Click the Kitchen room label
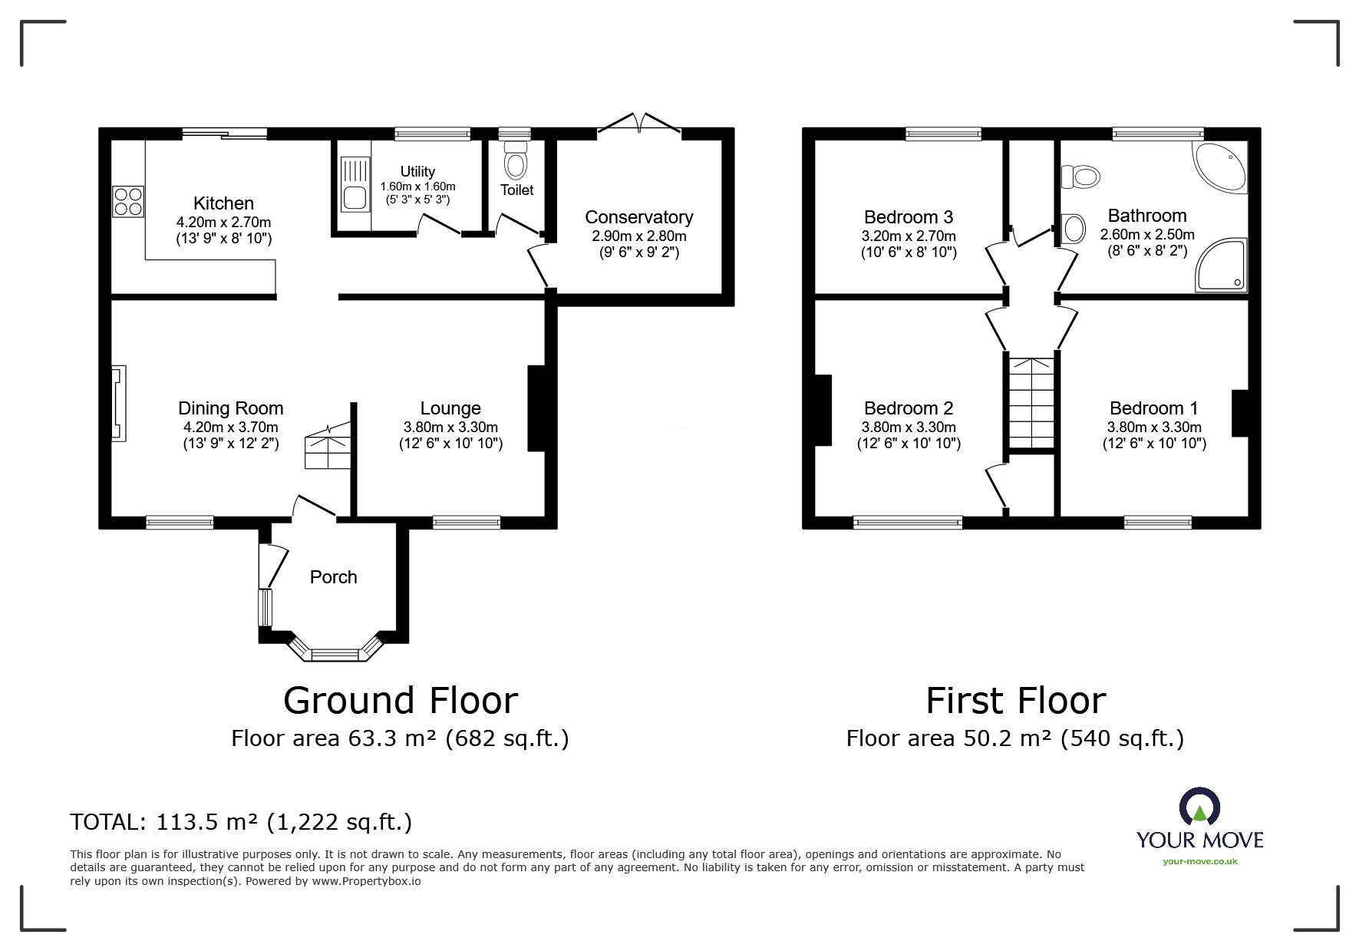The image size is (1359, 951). point(223,203)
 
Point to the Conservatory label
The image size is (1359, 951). point(638,217)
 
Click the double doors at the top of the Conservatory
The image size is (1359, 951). point(639,125)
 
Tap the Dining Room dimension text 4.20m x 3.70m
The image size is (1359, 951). point(230,428)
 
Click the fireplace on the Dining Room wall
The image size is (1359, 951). point(118,404)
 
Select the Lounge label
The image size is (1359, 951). point(450,408)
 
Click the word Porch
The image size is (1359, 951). point(334,577)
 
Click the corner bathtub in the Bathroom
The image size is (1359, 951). point(1221,164)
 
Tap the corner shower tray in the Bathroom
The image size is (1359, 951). point(1222,265)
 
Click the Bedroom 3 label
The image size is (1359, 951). point(909,217)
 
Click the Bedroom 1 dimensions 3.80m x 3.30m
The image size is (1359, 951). point(1154,428)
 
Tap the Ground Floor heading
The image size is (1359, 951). point(401,700)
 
